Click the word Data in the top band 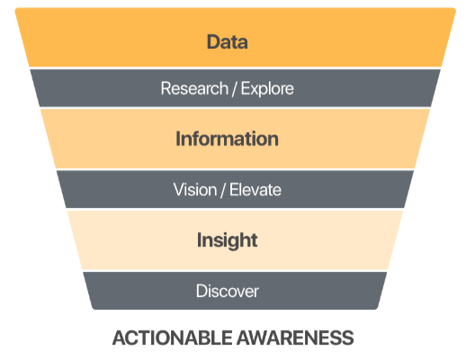[228, 41]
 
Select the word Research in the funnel [194, 88]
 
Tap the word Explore [267, 89]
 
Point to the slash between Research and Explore [235, 89]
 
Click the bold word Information [228, 139]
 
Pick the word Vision [195, 190]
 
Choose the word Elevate [255, 190]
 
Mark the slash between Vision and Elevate [224, 190]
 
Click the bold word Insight [228, 240]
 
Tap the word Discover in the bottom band [228, 292]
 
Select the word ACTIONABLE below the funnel [173, 337]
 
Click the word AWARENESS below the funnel [295, 337]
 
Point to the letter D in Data [213, 41]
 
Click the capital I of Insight [199, 240]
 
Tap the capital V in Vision [180, 190]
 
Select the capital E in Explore [246, 88]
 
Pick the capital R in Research [166, 88]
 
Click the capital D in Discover [202, 292]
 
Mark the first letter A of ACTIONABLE [119, 337]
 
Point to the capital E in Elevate [235, 190]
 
